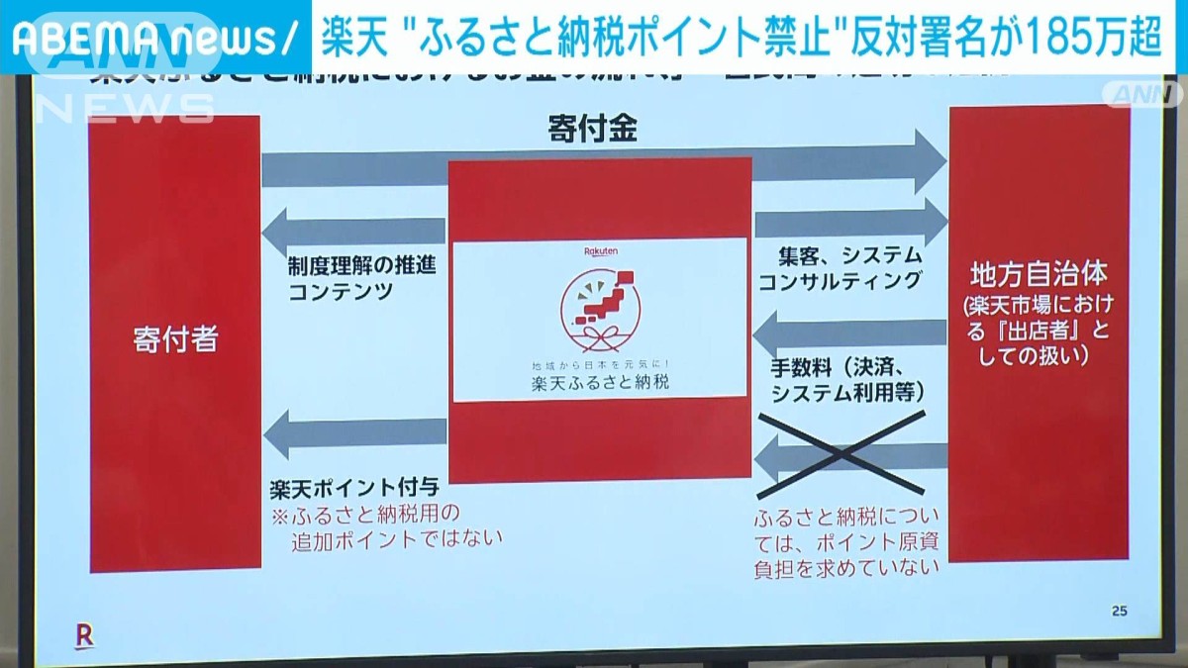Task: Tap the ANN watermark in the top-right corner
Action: (x=1146, y=95)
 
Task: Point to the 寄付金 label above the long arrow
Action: (x=592, y=129)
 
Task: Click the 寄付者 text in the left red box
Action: (x=175, y=340)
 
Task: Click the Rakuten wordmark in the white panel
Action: (x=598, y=252)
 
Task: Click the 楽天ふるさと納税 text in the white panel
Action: (x=599, y=382)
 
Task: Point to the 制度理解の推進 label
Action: (x=362, y=266)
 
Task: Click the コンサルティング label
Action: (x=840, y=281)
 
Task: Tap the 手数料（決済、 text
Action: (x=851, y=367)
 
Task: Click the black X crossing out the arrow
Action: (x=841, y=454)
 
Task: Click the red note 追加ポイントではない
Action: (x=397, y=538)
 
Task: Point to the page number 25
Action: (x=1119, y=611)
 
